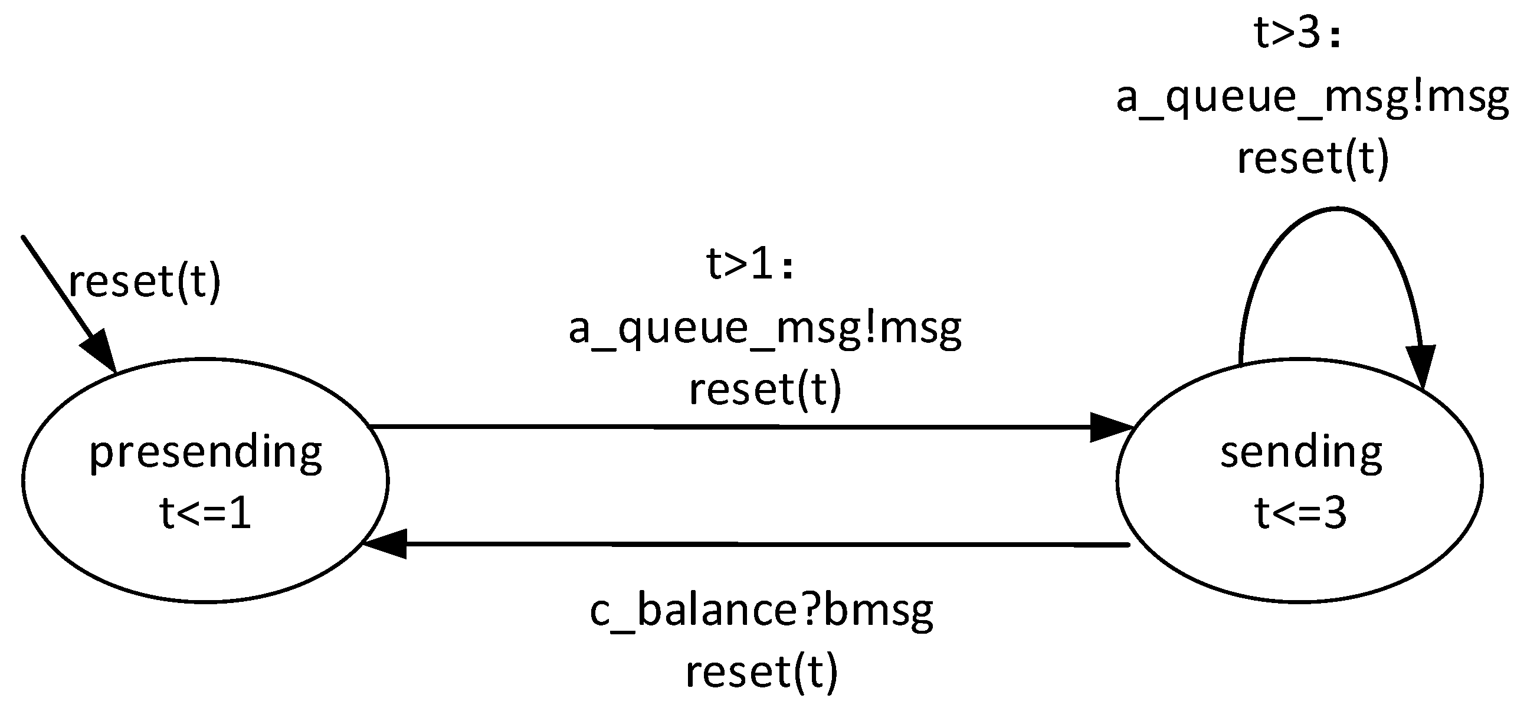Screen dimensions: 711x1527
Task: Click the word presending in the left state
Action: pyautogui.click(x=205, y=453)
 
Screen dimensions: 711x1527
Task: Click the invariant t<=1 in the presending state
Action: pyautogui.click(x=205, y=513)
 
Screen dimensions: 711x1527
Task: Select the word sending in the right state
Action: pyautogui.click(x=1300, y=453)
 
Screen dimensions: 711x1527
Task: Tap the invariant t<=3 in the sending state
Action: pyautogui.click(x=1300, y=513)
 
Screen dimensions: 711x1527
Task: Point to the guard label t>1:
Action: pyautogui.click(x=749, y=264)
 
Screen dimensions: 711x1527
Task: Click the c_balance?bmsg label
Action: pyautogui.click(x=761, y=611)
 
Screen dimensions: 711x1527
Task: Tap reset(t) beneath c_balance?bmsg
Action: pyautogui.click(x=761, y=672)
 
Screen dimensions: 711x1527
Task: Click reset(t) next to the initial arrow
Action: pyautogui.click(x=145, y=281)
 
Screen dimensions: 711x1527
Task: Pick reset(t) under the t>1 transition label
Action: pyautogui.click(x=765, y=389)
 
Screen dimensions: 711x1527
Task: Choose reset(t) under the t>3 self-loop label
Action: pyautogui.click(x=1312, y=158)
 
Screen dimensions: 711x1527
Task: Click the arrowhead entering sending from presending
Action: pyautogui.click(x=1111, y=427)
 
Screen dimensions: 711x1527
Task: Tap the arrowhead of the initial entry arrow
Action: pyautogui.click(x=100, y=352)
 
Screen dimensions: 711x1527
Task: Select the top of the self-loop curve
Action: pyautogui.click(x=1336, y=209)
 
